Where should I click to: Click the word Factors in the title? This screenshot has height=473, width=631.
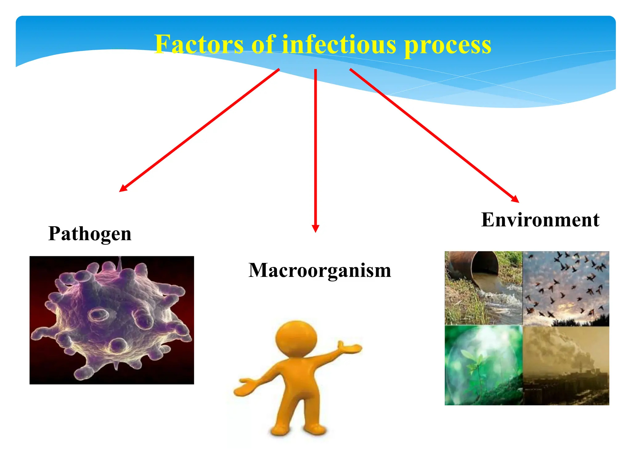pos(199,45)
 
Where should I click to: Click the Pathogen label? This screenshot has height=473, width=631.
pos(90,233)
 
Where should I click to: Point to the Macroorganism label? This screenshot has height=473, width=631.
pos(320,270)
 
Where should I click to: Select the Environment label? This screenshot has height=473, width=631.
pos(540,220)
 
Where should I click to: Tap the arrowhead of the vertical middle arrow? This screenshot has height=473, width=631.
pos(315,228)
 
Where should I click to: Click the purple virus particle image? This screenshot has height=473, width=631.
pos(112,320)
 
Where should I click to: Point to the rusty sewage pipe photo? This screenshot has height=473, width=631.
pos(483,288)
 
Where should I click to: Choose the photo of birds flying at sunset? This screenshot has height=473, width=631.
pos(566,288)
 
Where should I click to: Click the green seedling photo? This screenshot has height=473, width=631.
pos(483,366)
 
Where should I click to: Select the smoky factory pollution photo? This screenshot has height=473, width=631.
pos(566,366)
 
